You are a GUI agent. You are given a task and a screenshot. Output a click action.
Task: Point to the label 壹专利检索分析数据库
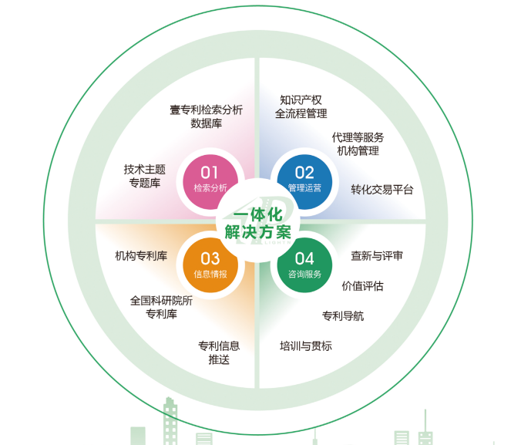(206, 116)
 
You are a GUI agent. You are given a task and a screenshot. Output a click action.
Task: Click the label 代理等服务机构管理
(358, 144)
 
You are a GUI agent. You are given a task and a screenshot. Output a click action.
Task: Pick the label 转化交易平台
(382, 189)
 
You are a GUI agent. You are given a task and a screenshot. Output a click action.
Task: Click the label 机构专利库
(141, 256)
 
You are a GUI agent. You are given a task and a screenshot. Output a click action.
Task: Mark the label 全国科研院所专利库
(161, 307)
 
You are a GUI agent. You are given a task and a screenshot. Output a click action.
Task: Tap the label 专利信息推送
(219, 352)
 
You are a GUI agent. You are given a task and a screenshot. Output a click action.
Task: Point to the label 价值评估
(362, 285)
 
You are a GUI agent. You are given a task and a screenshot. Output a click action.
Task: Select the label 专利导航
(343, 315)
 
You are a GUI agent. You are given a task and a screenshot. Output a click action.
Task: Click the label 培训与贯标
(306, 346)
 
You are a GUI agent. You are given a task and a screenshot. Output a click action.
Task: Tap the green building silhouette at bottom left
(170, 420)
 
